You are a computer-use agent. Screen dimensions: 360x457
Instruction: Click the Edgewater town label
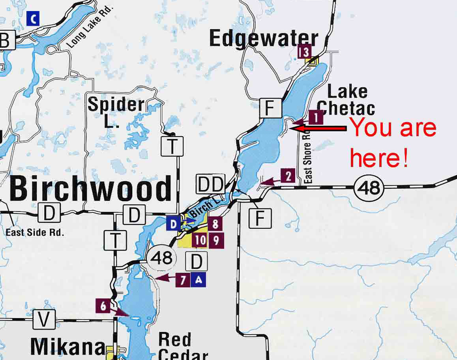pyautogui.click(x=264, y=39)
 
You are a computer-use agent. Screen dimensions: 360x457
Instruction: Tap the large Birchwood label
pyautogui.click(x=90, y=189)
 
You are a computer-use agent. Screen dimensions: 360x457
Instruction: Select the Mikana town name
pyautogui.click(x=67, y=347)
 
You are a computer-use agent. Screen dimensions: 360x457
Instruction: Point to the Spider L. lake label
pyautogui.click(x=116, y=112)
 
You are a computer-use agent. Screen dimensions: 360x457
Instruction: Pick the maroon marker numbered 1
pyautogui.click(x=316, y=117)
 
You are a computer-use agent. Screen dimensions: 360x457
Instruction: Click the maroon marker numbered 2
pyautogui.click(x=288, y=176)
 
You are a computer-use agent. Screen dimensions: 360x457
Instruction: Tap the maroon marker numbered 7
pyautogui.click(x=183, y=280)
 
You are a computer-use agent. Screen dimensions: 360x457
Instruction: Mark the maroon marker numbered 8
pyautogui.click(x=215, y=224)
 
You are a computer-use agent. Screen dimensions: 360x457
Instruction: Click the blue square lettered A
pyautogui.click(x=199, y=280)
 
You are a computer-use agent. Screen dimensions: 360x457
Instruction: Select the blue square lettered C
pyautogui.click(x=33, y=19)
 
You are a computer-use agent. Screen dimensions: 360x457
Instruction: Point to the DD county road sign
pyautogui.click(x=210, y=184)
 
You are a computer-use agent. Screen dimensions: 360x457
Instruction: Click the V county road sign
pyautogui.click(x=44, y=319)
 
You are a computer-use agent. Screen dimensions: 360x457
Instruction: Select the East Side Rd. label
pyautogui.click(x=34, y=233)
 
